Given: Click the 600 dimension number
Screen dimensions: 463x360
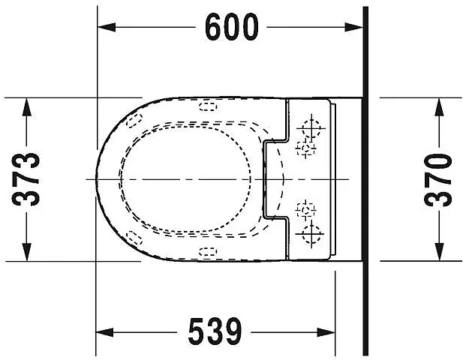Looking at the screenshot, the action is click(x=231, y=27).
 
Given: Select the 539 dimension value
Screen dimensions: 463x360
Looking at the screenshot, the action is click(x=215, y=332).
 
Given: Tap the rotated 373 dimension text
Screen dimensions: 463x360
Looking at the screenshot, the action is click(x=26, y=179).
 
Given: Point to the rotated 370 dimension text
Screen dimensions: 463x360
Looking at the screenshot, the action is click(x=438, y=179).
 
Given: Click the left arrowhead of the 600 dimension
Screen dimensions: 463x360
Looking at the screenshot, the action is click(x=107, y=27).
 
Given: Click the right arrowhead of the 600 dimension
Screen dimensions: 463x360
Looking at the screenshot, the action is click(x=353, y=27).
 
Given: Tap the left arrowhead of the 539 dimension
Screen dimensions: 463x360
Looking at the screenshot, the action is click(x=105, y=332).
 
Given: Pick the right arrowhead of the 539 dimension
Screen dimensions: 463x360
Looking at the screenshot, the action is click(x=326, y=332).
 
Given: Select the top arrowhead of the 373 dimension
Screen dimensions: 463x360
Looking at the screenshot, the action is click(x=26, y=106).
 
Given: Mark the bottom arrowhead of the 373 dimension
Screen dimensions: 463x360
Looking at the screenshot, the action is click(x=26, y=252).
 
